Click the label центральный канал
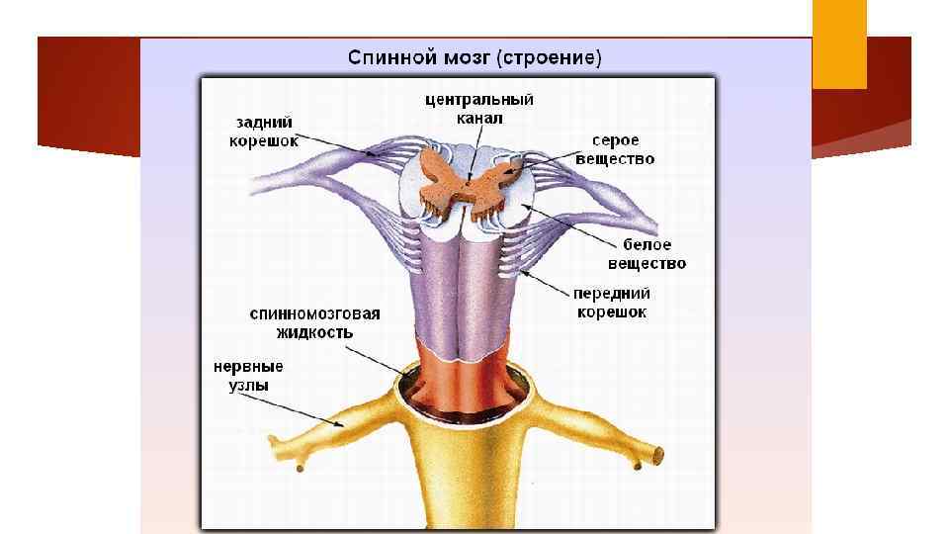tap(480, 109)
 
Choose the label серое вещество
tap(615, 149)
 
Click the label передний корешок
tap(613, 303)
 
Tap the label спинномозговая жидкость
tap(314, 323)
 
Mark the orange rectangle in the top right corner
tap(839, 44)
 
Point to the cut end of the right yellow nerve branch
tap(657, 456)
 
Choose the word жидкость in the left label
tap(314, 333)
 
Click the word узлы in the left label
tap(240, 386)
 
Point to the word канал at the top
tap(480, 119)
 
